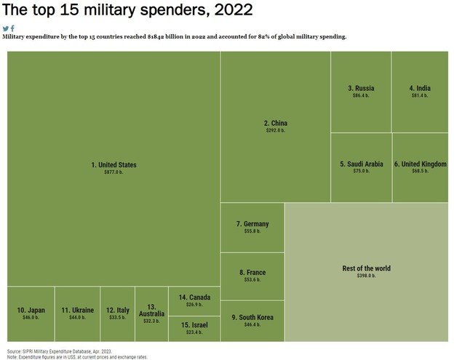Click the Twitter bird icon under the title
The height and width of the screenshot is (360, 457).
(6, 28)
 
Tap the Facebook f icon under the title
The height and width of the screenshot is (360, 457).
(12, 28)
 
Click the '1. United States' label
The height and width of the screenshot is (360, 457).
(114, 165)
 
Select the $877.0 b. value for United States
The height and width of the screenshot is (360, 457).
(114, 172)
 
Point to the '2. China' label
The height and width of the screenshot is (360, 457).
(275, 123)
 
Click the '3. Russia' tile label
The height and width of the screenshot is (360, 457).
(361, 88)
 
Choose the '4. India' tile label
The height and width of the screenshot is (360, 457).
(420, 88)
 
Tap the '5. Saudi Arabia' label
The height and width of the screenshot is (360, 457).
(361, 164)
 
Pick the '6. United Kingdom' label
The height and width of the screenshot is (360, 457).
(420, 164)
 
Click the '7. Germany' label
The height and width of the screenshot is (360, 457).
(253, 224)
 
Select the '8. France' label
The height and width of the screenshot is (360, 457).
(252, 273)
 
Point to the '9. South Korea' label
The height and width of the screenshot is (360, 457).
(252, 317)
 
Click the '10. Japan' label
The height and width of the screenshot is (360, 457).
(31, 311)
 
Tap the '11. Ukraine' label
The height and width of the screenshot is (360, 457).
(77, 311)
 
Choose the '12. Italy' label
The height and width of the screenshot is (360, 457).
(117, 311)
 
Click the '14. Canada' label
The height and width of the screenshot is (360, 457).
(194, 297)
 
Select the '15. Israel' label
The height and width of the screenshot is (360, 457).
(194, 324)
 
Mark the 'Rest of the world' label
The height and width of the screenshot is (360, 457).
(366, 268)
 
